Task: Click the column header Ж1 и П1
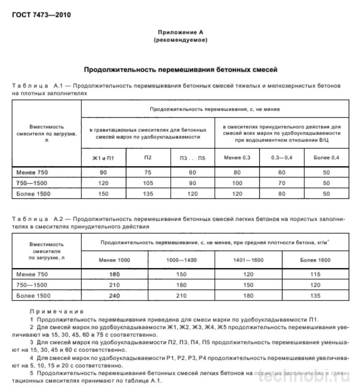click(x=103, y=158)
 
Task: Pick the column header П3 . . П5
click(x=193, y=158)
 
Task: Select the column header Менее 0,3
click(x=237, y=158)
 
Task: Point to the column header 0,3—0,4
click(x=282, y=158)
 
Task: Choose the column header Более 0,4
click(x=326, y=158)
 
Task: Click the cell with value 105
click(x=148, y=183)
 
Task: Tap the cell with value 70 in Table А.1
click(x=282, y=183)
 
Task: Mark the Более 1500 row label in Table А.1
click(x=33, y=194)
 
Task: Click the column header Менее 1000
click(x=114, y=260)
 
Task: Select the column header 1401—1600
click(x=248, y=260)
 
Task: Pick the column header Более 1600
click(x=315, y=260)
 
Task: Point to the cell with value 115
click(x=315, y=274)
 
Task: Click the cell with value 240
click(x=114, y=296)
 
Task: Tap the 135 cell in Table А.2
click(x=315, y=296)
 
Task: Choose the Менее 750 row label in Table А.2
click(x=32, y=274)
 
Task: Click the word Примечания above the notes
click(x=57, y=312)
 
